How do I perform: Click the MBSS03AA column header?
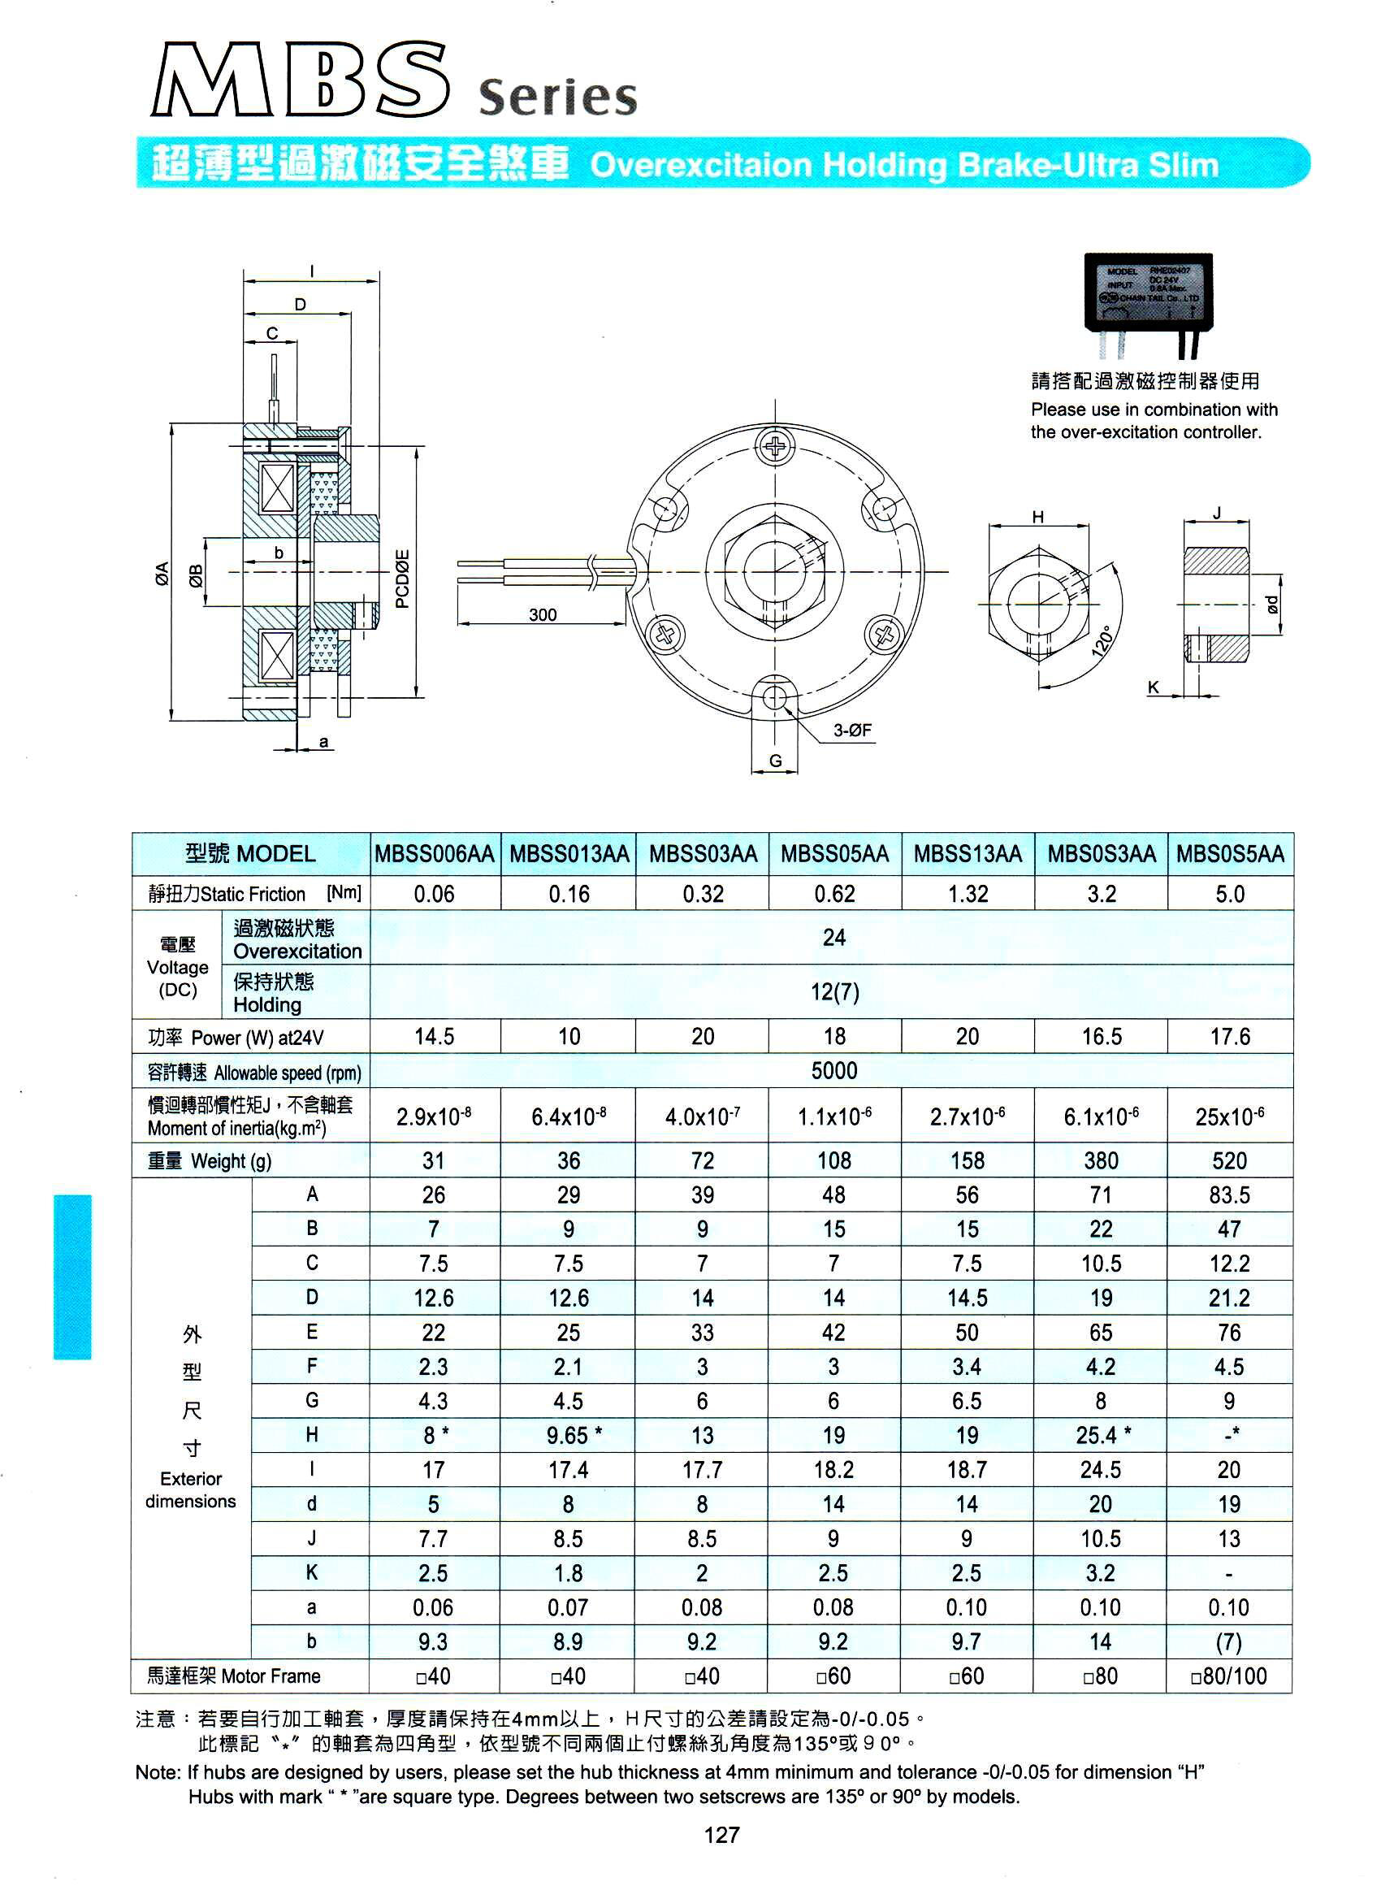702,854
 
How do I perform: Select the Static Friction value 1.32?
968,894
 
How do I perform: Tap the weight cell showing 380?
1101,1160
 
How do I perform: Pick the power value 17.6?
1230,1037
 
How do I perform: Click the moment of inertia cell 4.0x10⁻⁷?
702,1116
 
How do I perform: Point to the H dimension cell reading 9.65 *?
569,1435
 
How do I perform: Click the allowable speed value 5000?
833,1071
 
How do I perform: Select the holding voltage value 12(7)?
833,992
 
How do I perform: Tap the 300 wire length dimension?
543,614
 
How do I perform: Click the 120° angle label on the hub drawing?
1103,640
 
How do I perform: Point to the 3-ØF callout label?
852,731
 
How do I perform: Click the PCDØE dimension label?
403,578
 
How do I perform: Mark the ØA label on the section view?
162,574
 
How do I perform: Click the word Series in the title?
557,98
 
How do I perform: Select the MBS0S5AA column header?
1230,854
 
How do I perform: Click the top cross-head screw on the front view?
777,446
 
